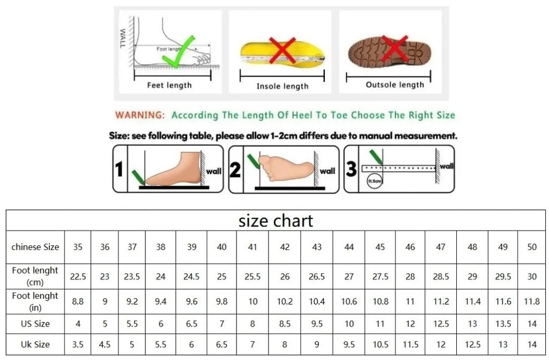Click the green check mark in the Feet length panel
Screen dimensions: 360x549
point(184,52)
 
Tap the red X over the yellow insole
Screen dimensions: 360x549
point(282,50)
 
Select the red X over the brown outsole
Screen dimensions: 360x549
point(395,49)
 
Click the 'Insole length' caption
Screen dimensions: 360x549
point(283,86)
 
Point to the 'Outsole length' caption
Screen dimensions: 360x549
point(395,85)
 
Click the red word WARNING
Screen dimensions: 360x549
point(140,115)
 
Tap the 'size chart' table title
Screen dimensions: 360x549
point(276,221)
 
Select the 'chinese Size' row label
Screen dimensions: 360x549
point(35,247)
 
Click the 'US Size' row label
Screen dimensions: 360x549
point(35,324)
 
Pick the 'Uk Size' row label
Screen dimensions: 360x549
point(35,344)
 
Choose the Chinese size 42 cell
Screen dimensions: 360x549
point(285,247)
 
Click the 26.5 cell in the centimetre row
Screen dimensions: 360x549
point(316,277)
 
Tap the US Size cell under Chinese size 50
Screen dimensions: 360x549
point(532,324)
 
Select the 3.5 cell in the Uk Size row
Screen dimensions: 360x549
point(78,344)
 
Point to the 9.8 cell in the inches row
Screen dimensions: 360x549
point(221,302)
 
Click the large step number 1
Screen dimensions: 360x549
point(120,170)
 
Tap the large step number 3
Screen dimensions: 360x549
point(351,169)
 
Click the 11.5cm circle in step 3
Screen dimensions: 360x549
point(374,181)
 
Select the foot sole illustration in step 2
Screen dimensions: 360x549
point(285,168)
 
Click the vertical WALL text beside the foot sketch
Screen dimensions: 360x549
point(123,39)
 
